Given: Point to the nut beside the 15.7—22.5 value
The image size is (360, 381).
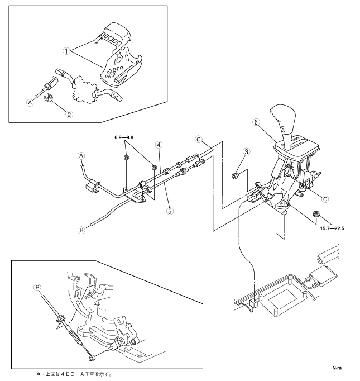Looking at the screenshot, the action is tap(316, 213).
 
